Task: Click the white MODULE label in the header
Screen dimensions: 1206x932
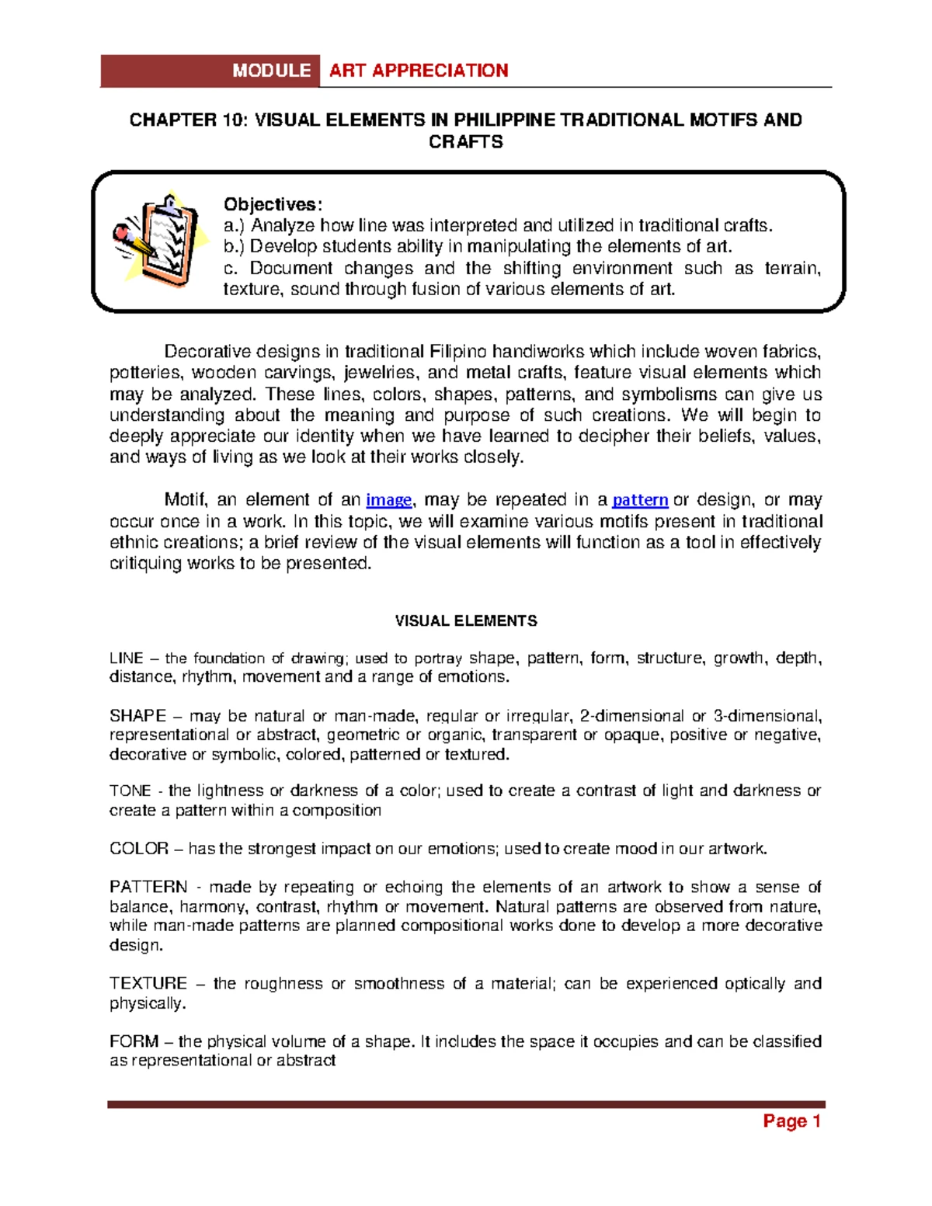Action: click(271, 71)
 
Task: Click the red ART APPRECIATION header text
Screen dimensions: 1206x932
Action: click(419, 71)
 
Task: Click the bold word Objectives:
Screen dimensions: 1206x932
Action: click(272, 204)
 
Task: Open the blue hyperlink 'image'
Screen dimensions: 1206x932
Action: click(388, 500)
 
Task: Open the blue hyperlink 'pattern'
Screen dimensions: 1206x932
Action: click(640, 500)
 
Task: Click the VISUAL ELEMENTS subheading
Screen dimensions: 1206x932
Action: click(466, 621)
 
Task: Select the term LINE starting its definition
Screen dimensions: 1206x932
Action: click(127, 659)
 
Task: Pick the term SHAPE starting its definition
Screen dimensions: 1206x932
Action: click(137, 716)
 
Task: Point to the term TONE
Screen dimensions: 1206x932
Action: click(130, 791)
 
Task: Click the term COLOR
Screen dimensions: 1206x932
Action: click(139, 849)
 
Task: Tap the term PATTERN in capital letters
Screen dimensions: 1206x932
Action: click(148, 887)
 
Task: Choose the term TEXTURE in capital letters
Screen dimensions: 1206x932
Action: click(148, 983)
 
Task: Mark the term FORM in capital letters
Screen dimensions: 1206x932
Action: click(134, 1041)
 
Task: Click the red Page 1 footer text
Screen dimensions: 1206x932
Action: click(791, 1121)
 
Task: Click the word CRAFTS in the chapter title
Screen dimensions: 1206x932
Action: click(466, 142)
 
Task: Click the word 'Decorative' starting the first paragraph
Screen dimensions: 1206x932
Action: click(207, 352)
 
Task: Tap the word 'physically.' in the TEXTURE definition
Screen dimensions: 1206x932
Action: click(148, 1003)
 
